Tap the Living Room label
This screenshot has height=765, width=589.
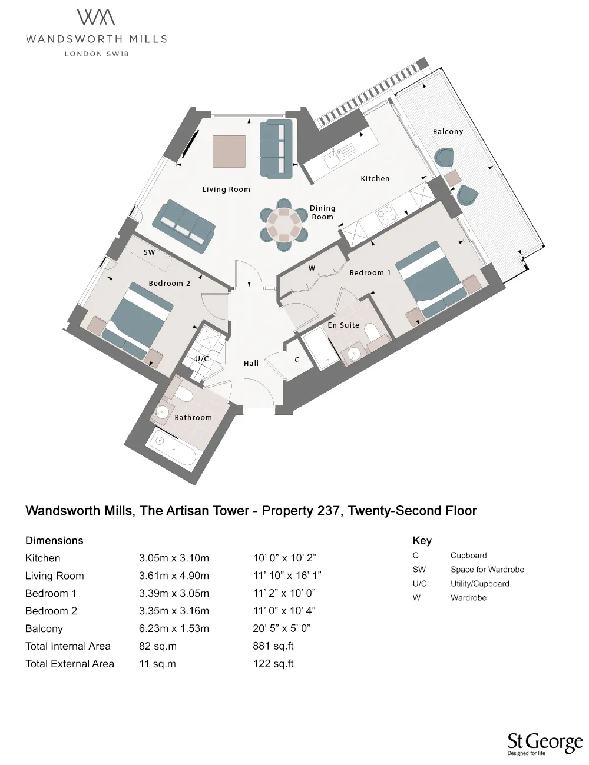[x=226, y=189]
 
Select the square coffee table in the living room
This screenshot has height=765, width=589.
[x=229, y=151]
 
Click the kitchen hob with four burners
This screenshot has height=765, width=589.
[x=388, y=215]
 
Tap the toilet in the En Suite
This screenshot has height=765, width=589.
[x=373, y=334]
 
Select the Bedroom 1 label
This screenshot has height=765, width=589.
[x=370, y=272]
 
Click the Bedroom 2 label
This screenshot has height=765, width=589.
[x=169, y=283]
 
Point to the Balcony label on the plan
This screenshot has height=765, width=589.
[x=448, y=132]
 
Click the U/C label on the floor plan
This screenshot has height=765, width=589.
[x=202, y=358]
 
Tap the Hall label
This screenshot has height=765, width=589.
[x=252, y=363]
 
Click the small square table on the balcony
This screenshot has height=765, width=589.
[x=452, y=178]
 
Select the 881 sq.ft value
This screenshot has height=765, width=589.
[x=273, y=646]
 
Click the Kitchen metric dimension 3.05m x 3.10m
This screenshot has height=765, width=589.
[x=174, y=558]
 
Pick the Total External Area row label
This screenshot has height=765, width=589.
[x=70, y=664]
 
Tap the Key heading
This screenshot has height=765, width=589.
[x=422, y=540]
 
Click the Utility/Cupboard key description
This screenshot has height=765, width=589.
[x=479, y=584]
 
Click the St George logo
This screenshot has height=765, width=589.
[x=544, y=743]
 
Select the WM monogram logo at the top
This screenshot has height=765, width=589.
[x=96, y=17]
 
